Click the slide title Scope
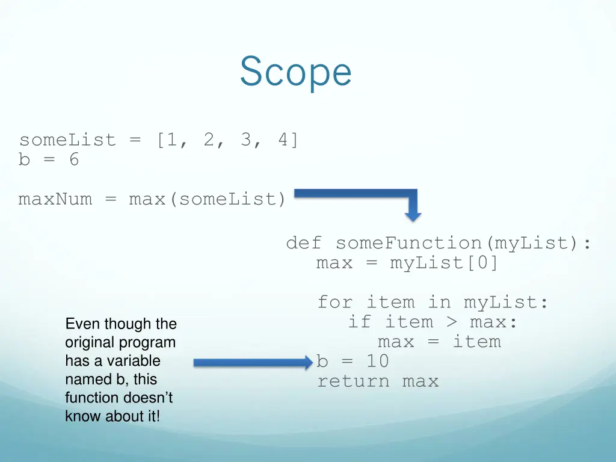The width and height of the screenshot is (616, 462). tap(295, 72)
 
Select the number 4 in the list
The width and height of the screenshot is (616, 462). tap(283, 140)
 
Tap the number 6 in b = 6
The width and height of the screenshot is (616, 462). tap(73, 160)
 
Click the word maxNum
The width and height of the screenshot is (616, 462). tap(55, 199)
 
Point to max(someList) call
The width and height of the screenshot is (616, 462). tap(208, 199)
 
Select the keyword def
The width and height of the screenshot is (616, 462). tap(304, 243)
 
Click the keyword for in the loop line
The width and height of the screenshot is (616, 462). tap(335, 302)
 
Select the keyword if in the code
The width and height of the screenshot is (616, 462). tap(359, 322)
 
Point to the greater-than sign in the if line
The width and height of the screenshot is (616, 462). tap(451, 322)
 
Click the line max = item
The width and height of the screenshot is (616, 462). tap(439, 342)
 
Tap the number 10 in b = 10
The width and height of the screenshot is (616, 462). tap(378, 361)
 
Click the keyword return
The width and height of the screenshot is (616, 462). tap(353, 381)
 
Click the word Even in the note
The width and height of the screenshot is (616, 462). tap(82, 324)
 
